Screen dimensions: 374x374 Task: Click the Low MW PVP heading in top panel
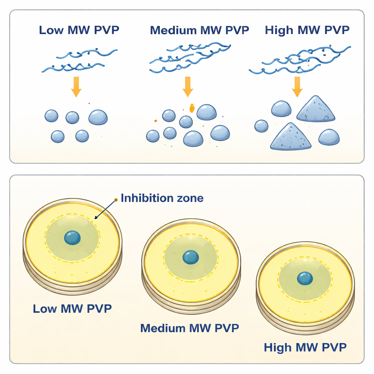pyautogui.click(x=79, y=30)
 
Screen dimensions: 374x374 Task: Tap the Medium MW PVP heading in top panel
pyautogui.click(x=199, y=30)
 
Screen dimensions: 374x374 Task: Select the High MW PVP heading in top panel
pyautogui.click(x=307, y=30)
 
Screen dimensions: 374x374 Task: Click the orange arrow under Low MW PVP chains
pyautogui.click(x=76, y=87)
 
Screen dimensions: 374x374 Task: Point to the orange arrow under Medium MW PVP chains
pyautogui.click(x=188, y=87)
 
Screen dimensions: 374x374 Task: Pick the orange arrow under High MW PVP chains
pyautogui.click(x=297, y=87)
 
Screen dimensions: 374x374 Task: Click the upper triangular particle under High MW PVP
pyautogui.click(x=316, y=110)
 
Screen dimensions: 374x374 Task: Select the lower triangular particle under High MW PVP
pyautogui.click(x=291, y=137)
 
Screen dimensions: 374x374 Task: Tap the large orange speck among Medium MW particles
pyautogui.click(x=191, y=107)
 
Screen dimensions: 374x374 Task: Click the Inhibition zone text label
pyautogui.click(x=162, y=198)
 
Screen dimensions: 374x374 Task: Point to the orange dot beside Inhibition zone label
pyautogui.click(x=116, y=199)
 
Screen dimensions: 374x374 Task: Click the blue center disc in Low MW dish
pyautogui.click(x=72, y=237)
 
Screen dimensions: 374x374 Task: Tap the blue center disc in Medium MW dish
pyautogui.click(x=191, y=257)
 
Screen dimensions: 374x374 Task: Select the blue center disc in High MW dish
pyautogui.click(x=305, y=278)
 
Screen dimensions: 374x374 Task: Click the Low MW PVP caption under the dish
pyautogui.click(x=72, y=309)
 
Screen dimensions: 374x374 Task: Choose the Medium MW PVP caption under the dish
pyautogui.click(x=190, y=328)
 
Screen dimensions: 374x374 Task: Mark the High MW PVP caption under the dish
pyautogui.click(x=305, y=347)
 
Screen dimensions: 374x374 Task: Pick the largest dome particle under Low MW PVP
pyautogui.click(x=98, y=117)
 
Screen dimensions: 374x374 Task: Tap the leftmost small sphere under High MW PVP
pyautogui.click(x=261, y=126)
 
